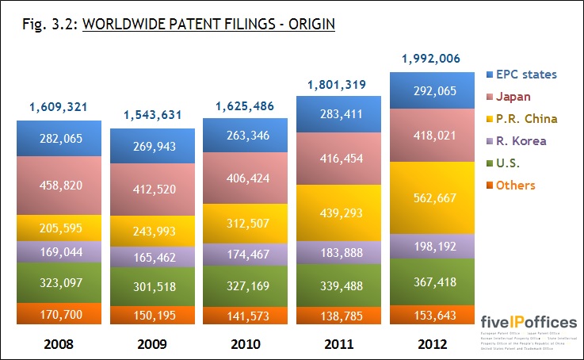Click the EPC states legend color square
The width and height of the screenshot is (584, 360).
point(489,75)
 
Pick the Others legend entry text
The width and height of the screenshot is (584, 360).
point(516,186)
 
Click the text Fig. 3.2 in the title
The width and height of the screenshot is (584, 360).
point(48,25)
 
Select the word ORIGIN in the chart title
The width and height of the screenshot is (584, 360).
point(310,25)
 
